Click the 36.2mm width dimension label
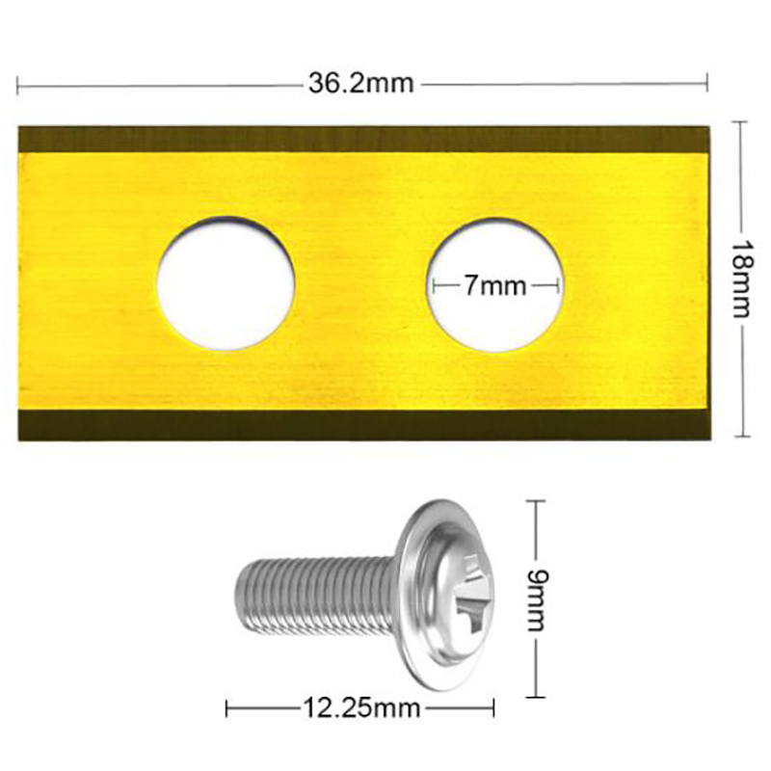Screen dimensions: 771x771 coord(361,84)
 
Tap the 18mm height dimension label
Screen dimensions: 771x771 coord(741,279)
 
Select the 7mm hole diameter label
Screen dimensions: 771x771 coord(495,285)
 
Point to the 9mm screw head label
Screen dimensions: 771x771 coord(536,599)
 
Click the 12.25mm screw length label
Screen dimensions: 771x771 coord(361,708)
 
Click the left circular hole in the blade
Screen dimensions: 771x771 coord(226,283)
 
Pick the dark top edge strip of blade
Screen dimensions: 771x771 coord(364,139)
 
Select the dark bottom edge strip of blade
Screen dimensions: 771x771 coord(364,425)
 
